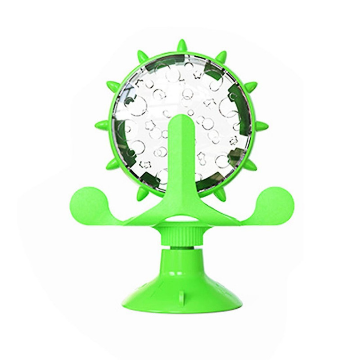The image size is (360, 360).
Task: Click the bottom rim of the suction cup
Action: pyautogui.click(x=180, y=310)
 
